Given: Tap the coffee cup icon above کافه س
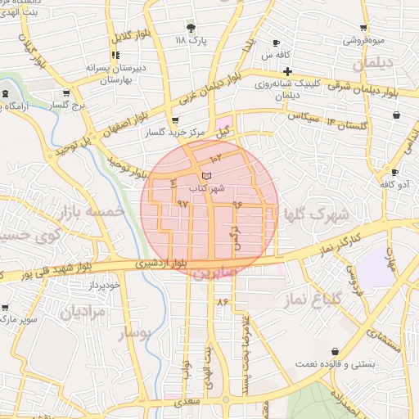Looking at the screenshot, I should coord(276,43).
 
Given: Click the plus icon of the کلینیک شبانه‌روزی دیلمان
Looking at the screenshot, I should coord(287,71).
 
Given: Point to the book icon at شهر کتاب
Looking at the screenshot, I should coord(206,176).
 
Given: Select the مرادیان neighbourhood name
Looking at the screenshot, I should coord(83,312).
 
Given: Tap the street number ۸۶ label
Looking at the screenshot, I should coord(223,302).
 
